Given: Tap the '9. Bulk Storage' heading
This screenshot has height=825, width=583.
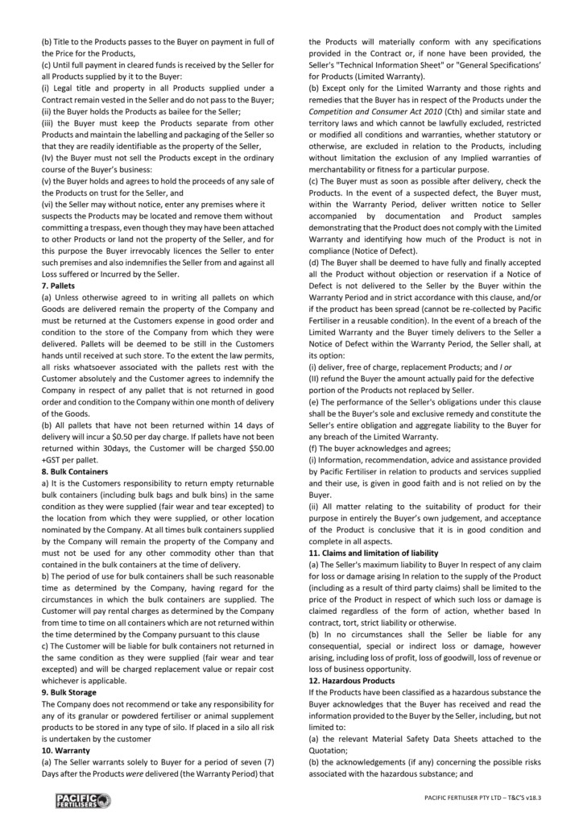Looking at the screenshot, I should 68,692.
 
